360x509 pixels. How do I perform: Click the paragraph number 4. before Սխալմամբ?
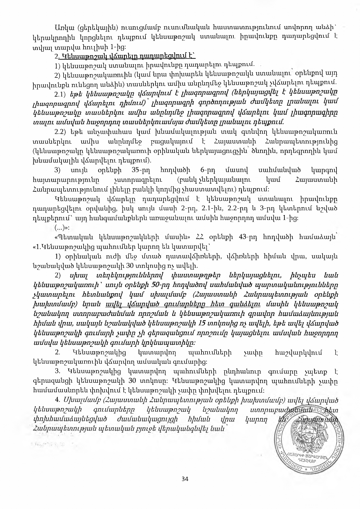click(x=57, y=400)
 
